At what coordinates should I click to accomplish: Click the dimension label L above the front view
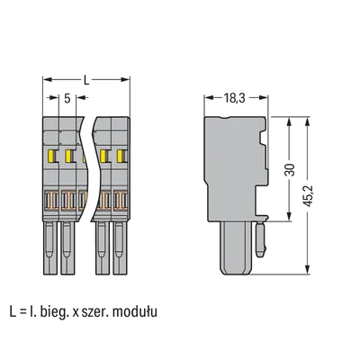tap(86, 79)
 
